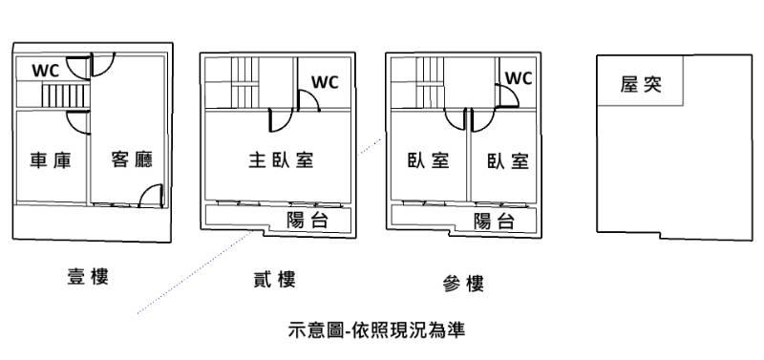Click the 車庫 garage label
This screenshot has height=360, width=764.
pos(51,159)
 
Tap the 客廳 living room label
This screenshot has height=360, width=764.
pos(132,159)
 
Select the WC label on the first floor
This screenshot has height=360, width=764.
pos(46,70)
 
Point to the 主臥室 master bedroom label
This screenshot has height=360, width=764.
pos(281,159)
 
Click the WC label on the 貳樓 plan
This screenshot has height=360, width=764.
pos(325,82)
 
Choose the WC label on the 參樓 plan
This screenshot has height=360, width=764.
pos(519,78)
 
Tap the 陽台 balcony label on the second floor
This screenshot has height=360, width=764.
pos(308,221)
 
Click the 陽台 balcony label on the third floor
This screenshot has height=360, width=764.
pos(494,222)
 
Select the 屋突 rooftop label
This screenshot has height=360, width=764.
pos(641,84)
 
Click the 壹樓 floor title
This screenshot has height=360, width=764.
pos(88,276)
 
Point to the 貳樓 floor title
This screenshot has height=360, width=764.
pos(274,280)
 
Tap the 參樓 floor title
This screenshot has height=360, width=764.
pos(463,283)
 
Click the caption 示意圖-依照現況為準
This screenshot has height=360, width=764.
pos(376,329)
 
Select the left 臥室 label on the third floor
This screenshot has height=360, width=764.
pos(428,160)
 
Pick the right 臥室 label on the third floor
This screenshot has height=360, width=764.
pos(508,160)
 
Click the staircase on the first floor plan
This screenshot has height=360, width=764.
pos(65,95)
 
